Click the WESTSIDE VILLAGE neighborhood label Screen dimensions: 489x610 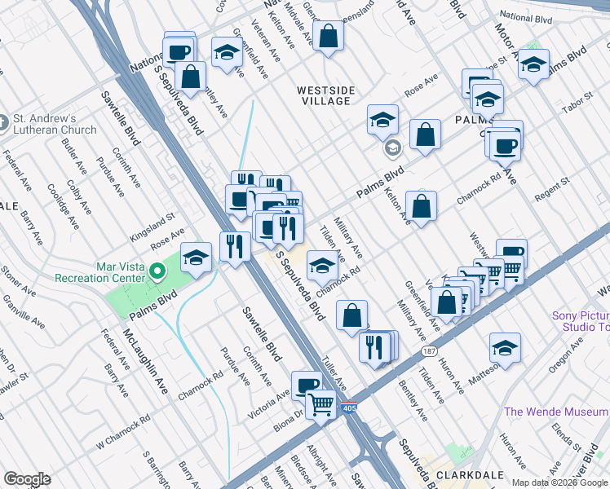tap(323, 95)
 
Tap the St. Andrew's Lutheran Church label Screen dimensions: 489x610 tap(55, 124)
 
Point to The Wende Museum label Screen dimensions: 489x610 tap(555, 412)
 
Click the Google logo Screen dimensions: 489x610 tap(27, 479)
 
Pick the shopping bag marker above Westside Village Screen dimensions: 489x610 tap(327, 37)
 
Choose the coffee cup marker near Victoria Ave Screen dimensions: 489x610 tap(307, 385)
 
